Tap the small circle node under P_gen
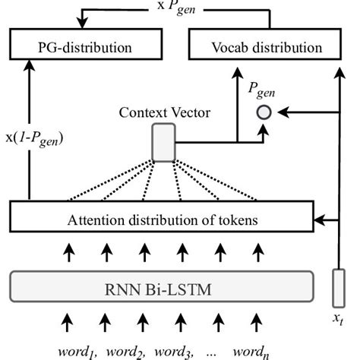click(x=264, y=112)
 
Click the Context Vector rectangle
click(x=163, y=143)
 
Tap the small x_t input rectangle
click(x=338, y=287)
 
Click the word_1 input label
click(x=76, y=350)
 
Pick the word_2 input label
click(x=125, y=350)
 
